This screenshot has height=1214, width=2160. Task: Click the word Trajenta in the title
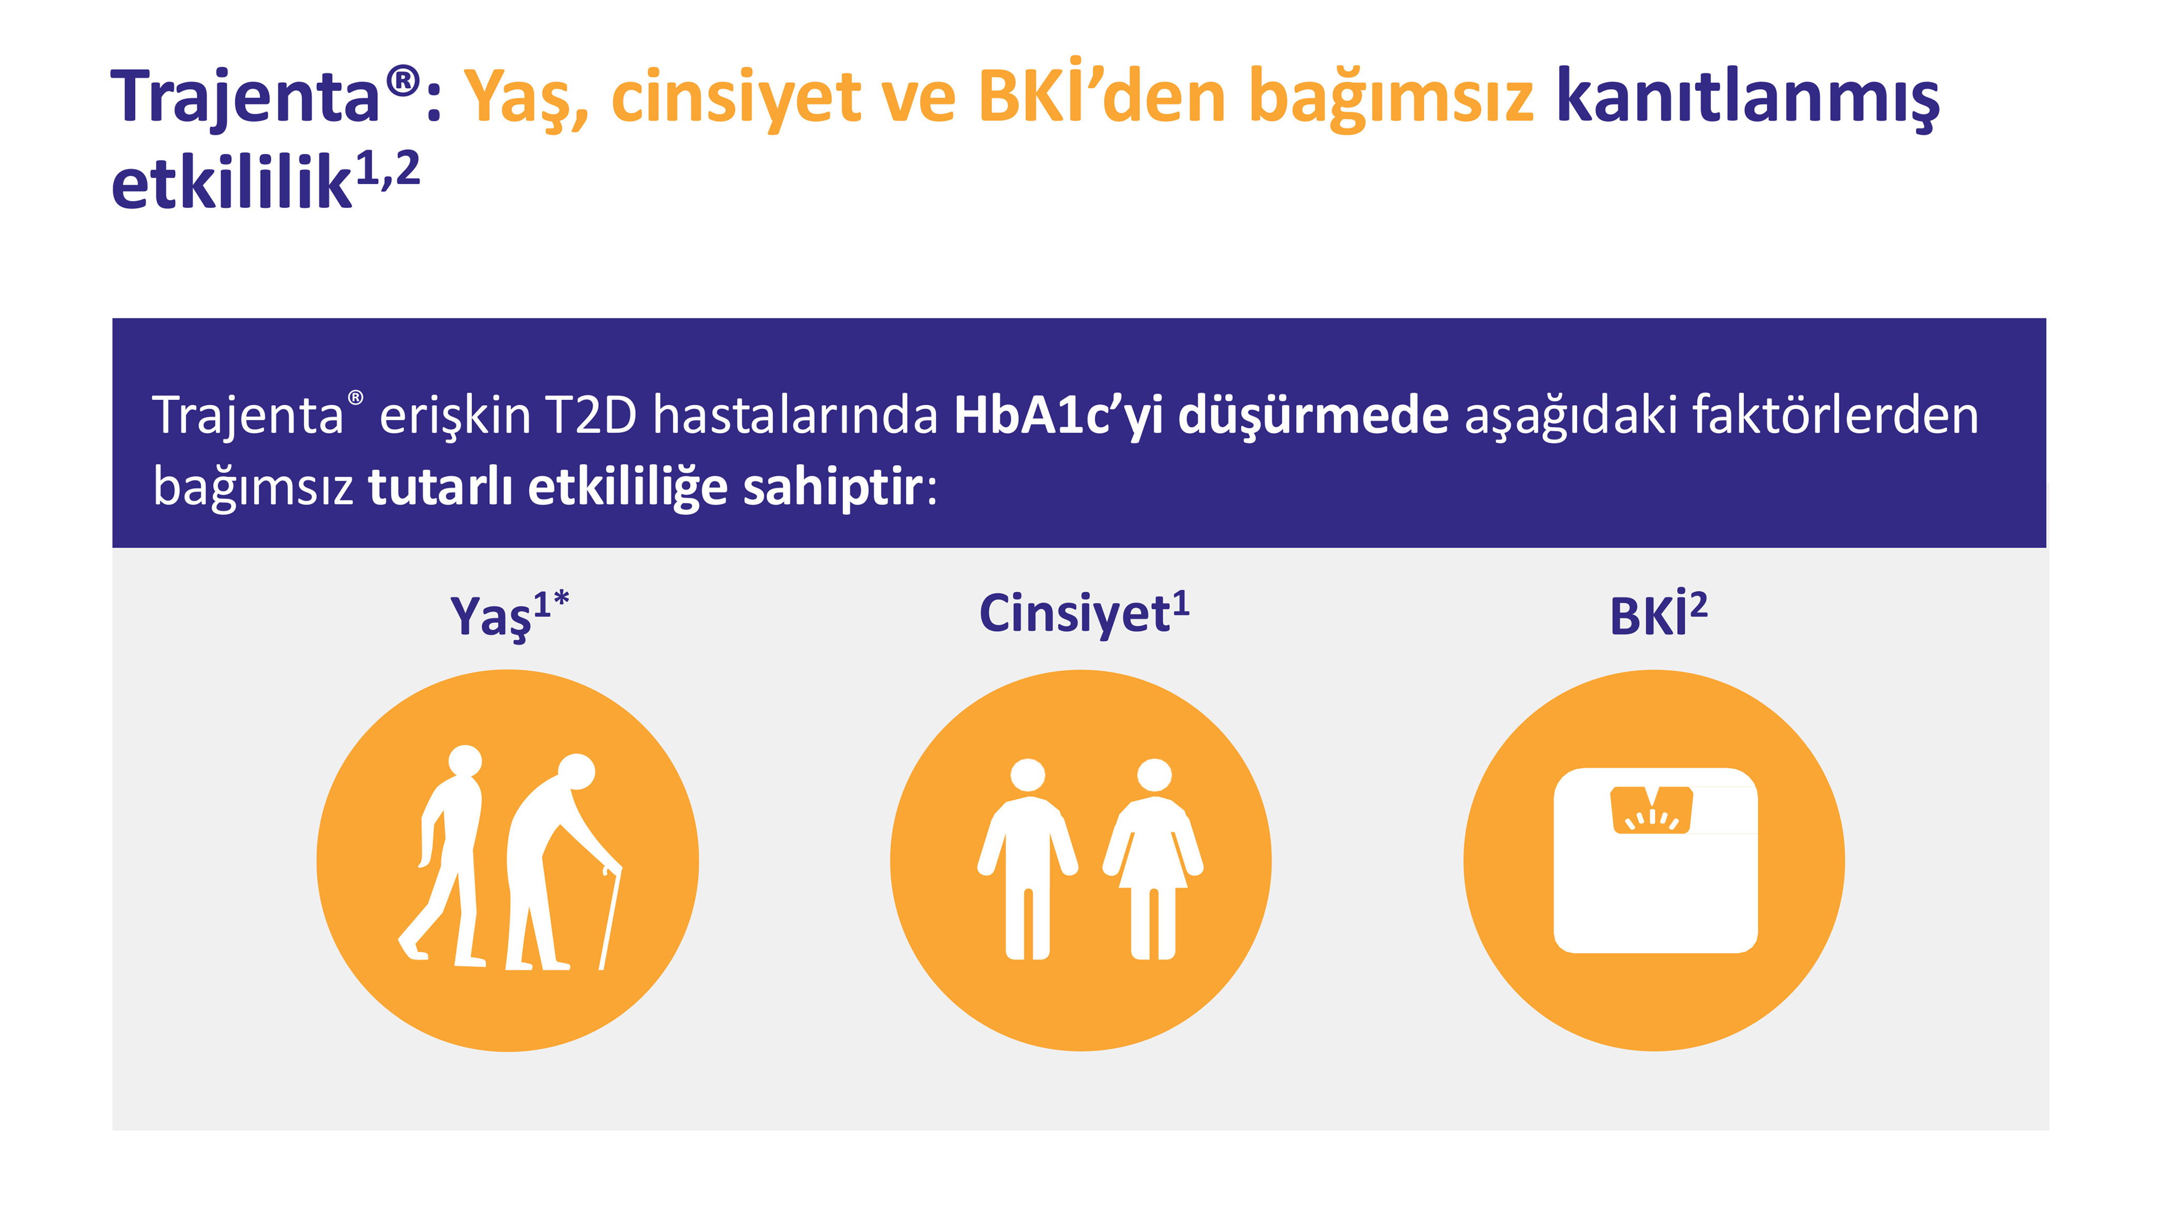(245, 97)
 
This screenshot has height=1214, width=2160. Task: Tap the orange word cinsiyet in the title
(735, 97)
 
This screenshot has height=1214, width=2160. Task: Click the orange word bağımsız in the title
(1390, 97)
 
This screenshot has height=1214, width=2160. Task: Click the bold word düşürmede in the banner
(1312, 415)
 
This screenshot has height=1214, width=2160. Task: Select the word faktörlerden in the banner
(1835, 415)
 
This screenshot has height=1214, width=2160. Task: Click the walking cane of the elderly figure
(610, 918)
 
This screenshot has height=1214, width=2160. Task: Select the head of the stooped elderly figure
(576, 772)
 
